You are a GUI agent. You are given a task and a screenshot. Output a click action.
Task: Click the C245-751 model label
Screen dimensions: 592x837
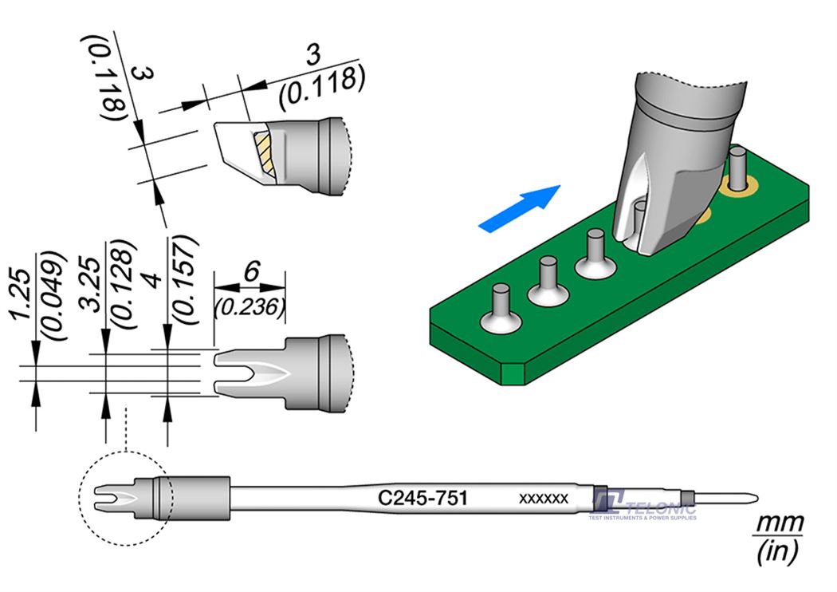(421, 499)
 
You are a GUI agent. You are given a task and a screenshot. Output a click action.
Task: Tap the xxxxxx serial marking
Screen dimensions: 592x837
(543, 499)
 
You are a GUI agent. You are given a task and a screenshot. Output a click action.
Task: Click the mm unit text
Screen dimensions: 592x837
(779, 523)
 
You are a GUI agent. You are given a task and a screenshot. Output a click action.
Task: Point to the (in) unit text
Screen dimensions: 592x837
(778, 551)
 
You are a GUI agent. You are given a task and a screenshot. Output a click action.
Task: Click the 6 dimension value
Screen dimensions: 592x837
(250, 272)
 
